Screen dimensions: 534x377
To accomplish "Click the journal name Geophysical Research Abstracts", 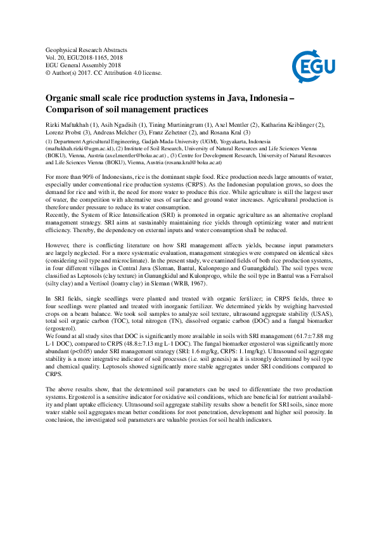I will tap(87, 49).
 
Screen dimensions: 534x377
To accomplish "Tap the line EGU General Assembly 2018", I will tap(84, 65).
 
